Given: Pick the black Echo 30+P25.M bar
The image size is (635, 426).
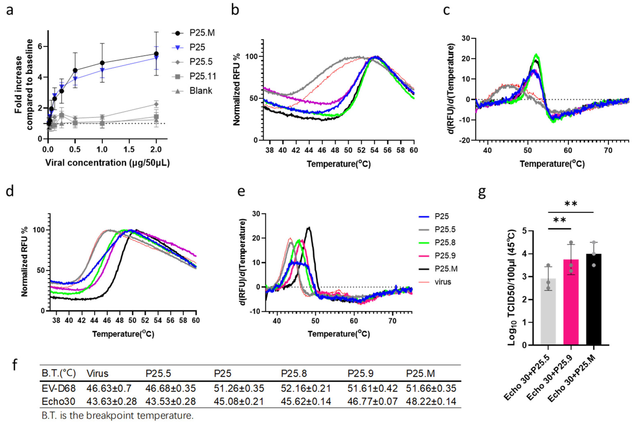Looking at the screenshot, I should (x=594, y=299).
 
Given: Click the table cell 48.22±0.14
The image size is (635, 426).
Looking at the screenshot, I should (x=431, y=401).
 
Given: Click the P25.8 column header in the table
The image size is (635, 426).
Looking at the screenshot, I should (x=294, y=373).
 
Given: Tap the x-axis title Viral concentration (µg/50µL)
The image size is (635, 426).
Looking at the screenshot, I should (x=107, y=163).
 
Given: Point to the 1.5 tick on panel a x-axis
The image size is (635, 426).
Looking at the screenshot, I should (x=129, y=149).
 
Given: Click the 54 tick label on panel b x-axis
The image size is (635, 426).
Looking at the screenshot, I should (x=374, y=150).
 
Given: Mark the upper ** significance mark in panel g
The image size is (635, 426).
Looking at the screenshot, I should (x=571, y=204).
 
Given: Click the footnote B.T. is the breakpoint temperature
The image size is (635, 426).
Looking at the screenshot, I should (x=117, y=416).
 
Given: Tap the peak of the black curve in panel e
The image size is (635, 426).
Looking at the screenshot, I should (x=309, y=228).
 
